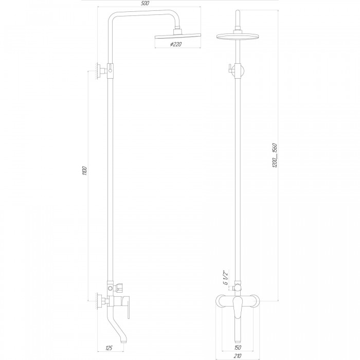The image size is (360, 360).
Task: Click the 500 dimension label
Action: tap(145, 4)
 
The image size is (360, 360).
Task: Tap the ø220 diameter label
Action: tap(176, 44)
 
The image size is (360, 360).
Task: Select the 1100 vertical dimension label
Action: tap(84, 171)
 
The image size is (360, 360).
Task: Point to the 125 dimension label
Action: tap(109, 348)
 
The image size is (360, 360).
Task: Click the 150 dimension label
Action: tap(238, 348)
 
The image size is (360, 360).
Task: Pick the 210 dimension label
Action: tap(238, 356)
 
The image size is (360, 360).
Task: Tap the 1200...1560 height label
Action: tap(275, 155)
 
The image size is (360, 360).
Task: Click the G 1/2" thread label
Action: tap(226, 278)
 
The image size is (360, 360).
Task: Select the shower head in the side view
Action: tap(178, 37)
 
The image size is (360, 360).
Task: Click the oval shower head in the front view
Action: tap(238, 37)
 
